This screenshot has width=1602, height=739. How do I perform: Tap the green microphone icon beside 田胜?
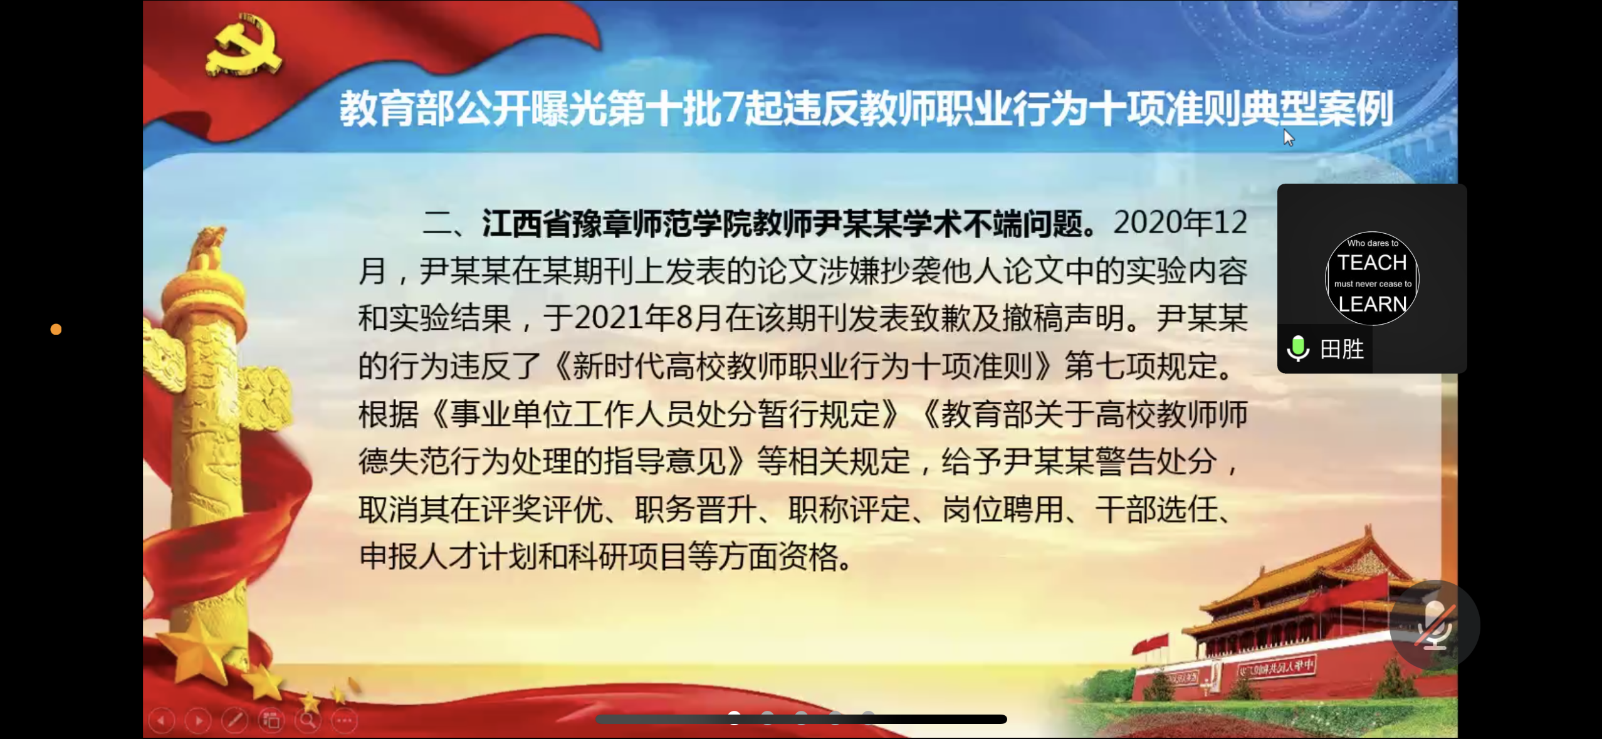click(1297, 349)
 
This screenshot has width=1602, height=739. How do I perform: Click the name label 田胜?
click(1342, 349)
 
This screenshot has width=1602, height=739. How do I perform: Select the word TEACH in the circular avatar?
click(1372, 263)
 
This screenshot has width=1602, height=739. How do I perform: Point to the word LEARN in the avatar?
click(1373, 304)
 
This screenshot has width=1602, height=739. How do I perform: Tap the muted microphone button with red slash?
click(1434, 625)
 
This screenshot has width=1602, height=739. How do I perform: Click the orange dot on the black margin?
click(56, 329)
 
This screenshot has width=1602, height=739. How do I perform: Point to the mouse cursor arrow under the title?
click(1287, 137)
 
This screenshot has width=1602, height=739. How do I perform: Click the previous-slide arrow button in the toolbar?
click(162, 720)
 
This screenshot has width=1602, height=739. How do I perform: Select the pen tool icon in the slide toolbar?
click(235, 720)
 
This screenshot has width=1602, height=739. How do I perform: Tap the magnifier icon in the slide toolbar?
click(308, 720)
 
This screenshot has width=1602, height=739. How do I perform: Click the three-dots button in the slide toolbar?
click(344, 720)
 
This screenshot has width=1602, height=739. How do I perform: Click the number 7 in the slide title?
click(731, 108)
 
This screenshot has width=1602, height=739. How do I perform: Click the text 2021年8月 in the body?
click(648, 318)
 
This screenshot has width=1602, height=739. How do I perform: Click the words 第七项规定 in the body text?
click(1141, 365)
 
